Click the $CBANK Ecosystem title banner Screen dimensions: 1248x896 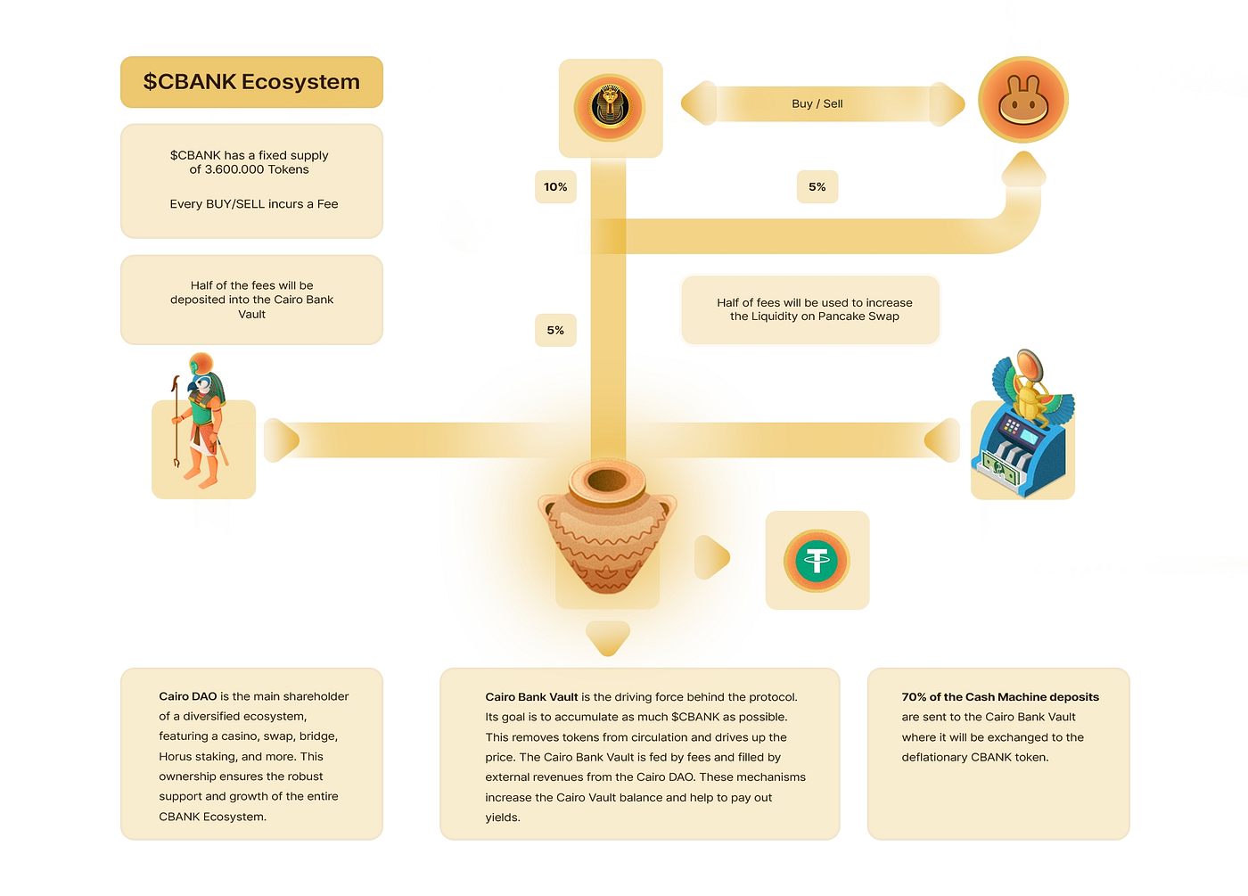tap(251, 82)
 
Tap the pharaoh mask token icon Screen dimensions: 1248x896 tap(610, 106)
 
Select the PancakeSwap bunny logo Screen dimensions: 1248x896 tap(1023, 100)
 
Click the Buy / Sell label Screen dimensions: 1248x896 tap(817, 103)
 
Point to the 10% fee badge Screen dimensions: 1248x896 tap(555, 186)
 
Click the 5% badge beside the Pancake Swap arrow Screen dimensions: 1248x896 tap(817, 186)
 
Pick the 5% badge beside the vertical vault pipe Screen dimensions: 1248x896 tap(555, 330)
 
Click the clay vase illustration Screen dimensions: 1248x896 tap(607, 527)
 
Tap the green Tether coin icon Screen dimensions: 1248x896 tap(817, 560)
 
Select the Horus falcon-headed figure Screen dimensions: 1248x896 tap(200, 421)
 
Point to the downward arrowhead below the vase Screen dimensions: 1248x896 tap(608, 638)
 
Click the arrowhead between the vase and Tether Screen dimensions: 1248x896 tap(712, 557)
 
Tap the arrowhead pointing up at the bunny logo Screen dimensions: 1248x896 tap(1023, 169)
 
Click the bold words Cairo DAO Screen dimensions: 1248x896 tap(188, 696)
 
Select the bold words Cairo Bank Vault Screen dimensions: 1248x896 tap(531, 696)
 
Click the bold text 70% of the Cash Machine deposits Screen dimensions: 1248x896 tap(1000, 696)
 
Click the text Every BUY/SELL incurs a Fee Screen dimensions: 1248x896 tap(254, 204)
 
